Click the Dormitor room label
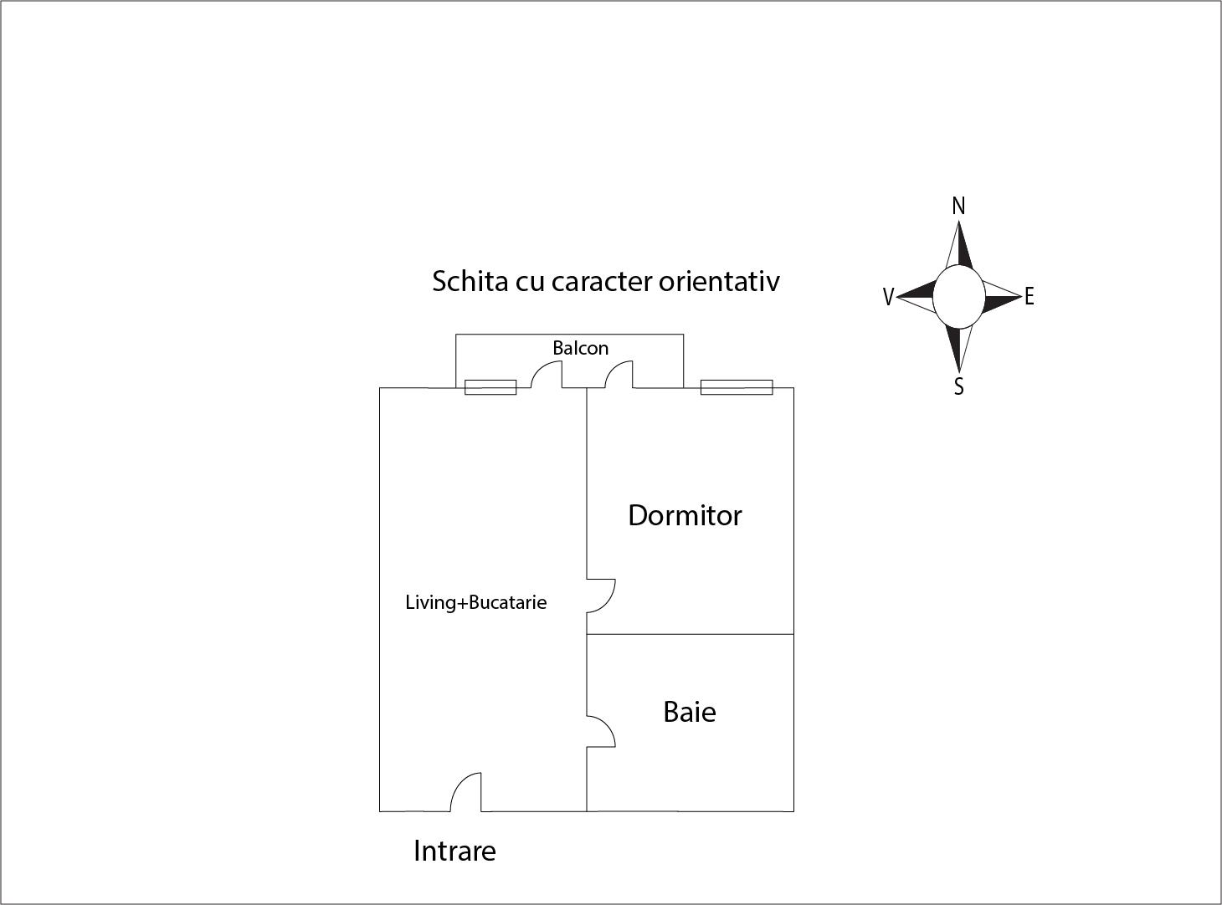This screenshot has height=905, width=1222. point(685,515)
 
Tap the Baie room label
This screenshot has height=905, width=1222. point(690,713)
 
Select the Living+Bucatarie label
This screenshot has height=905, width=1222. point(476,602)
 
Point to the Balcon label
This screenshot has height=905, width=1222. point(580,348)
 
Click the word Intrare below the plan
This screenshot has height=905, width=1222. point(454,851)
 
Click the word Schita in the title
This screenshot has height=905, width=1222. point(470,281)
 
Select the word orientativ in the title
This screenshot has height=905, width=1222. point(719,281)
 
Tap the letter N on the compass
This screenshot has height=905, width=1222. point(958,206)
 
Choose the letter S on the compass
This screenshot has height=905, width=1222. point(959,386)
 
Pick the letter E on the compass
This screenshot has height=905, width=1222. point(1029,297)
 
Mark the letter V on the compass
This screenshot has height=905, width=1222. point(888,297)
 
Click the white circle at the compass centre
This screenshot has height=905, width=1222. point(958,296)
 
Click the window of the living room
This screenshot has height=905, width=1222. point(490,387)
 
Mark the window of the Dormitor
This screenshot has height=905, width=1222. point(737,387)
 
